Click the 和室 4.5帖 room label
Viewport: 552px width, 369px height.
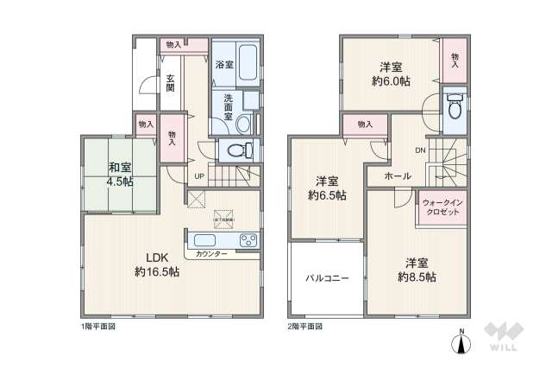(x=120, y=175)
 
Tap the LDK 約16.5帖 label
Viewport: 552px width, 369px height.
(x=156, y=264)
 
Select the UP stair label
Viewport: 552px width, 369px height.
(x=199, y=178)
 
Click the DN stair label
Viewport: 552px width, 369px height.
(x=420, y=150)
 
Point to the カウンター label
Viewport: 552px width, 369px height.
(x=210, y=254)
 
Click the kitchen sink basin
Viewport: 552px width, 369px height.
(x=207, y=239)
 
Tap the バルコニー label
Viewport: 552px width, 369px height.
(x=325, y=278)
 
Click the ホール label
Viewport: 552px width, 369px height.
(x=398, y=176)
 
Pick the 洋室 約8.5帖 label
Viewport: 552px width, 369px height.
(x=416, y=270)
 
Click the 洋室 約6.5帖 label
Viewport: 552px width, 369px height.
(x=327, y=188)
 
